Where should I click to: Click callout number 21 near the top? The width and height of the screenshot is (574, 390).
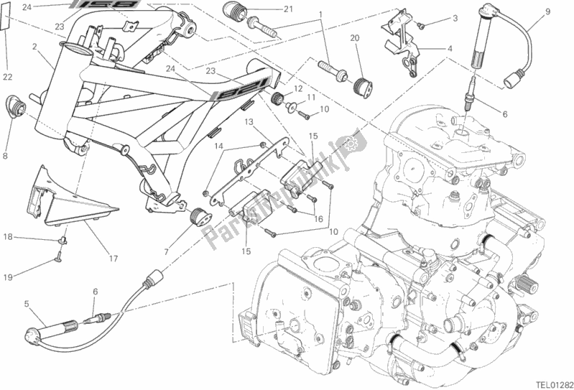pyautogui.click(x=288, y=9)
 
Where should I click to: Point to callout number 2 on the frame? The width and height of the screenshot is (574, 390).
pyautogui.click(x=34, y=47)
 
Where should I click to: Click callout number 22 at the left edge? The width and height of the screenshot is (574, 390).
pyautogui.click(x=6, y=77)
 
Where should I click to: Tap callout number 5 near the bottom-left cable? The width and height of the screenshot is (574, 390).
pyautogui.click(x=27, y=304)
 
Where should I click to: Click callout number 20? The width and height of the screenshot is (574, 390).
pyautogui.click(x=355, y=38)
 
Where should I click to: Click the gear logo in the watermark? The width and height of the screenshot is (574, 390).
pyautogui.click(x=352, y=143)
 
